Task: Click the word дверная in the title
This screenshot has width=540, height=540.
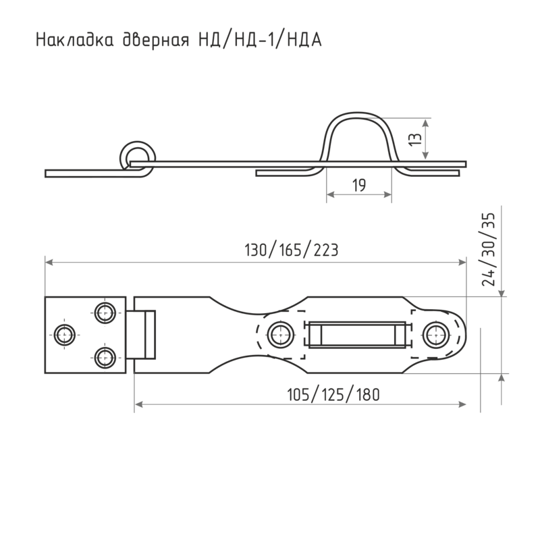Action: coord(159,41)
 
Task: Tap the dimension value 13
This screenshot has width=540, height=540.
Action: coord(418,139)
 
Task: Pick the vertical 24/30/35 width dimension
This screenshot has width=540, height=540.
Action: coord(491,250)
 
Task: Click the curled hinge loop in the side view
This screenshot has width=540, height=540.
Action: coord(137,155)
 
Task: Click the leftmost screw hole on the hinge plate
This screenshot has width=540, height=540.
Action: coord(65,333)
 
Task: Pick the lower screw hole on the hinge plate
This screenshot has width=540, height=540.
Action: coord(104,354)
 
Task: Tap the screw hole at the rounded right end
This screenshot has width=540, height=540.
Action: coord(439,333)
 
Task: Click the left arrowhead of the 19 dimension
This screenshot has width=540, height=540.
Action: coord(329,195)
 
